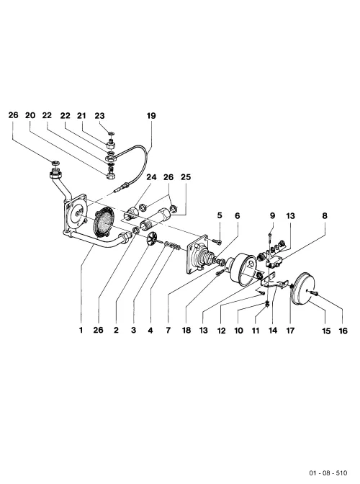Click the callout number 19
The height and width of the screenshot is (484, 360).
click(151, 116)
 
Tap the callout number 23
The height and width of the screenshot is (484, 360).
click(99, 116)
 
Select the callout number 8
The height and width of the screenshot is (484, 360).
click(325, 215)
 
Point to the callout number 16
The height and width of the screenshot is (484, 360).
click(343, 331)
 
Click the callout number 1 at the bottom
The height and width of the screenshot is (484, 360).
click(81, 330)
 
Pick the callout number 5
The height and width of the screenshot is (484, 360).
click(220, 215)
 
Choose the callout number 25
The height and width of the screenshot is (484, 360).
click(186, 177)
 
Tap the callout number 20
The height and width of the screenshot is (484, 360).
click(30, 115)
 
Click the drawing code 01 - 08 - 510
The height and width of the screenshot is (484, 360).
click(328, 473)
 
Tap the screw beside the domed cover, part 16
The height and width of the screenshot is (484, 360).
click(315, 292)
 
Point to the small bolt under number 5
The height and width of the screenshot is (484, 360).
click(219, 242)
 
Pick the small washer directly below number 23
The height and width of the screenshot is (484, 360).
click(111, 133)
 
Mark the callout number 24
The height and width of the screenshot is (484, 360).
click(151, 177)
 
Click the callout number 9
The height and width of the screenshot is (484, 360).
click(272, 215)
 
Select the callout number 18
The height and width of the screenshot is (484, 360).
click(186, 331)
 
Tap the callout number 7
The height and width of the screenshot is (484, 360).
click(168, 331)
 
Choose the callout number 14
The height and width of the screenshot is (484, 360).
click(273, 331)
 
